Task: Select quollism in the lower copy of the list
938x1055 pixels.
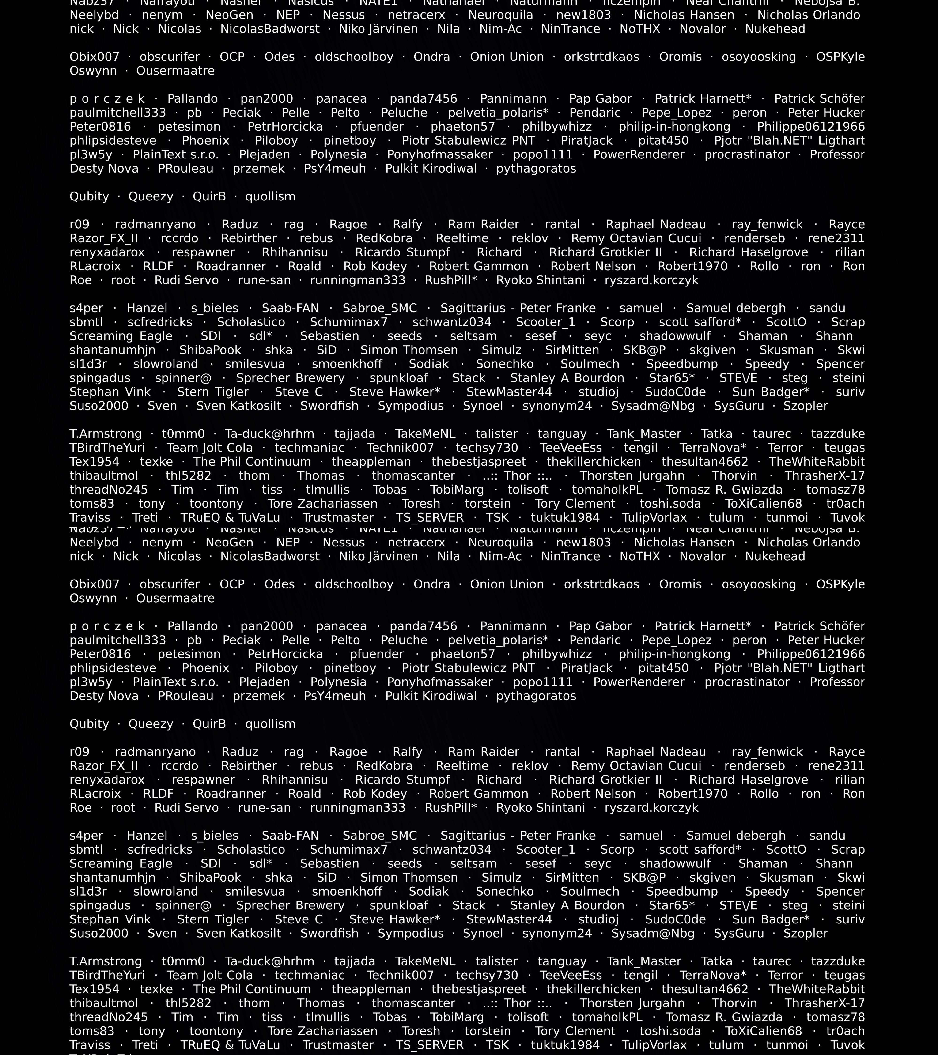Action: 270,724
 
